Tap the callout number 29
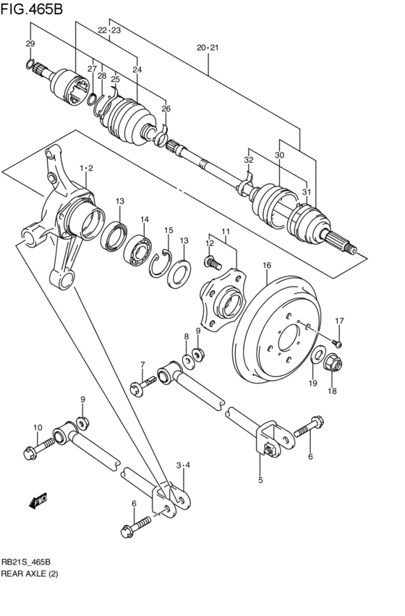[x=30, y=44]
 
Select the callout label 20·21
[x=208, y=48]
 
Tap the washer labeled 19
[x=316, y=355]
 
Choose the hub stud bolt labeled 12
[x=210, y=259]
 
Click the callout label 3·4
[x=183, y=465]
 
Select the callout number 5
[x=260, y=479]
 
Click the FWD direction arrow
[x=38, y=501]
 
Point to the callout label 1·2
[x=87, y=169]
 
